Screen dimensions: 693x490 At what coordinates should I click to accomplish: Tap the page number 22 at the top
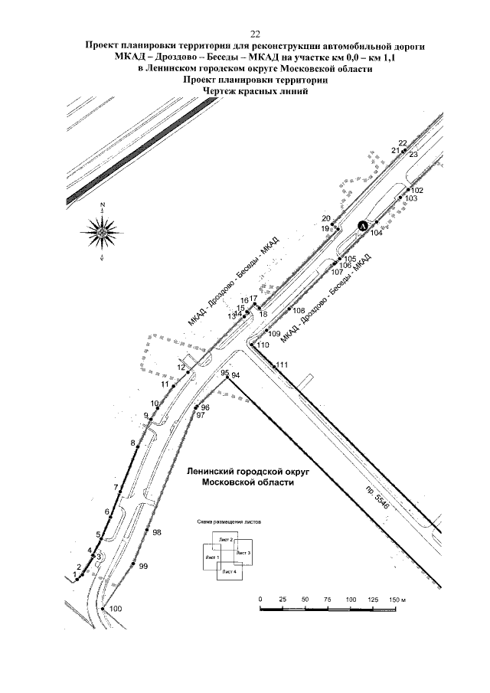coord(256,33)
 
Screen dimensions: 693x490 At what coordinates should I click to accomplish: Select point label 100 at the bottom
coord(116,609)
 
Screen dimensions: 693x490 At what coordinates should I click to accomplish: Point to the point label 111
coord(283,364)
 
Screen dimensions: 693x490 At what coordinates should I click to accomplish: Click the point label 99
coord(143,566)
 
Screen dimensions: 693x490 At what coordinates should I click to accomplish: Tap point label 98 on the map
coord(157,531)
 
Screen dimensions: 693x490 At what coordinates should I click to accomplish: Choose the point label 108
coord(299,311)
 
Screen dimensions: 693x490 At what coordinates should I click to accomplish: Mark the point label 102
coord(417,190)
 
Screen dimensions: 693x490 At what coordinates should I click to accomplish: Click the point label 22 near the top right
coord(403,143)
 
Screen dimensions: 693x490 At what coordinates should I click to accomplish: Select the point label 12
coord(181,368)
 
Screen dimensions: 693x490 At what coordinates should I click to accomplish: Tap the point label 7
coord(116,487)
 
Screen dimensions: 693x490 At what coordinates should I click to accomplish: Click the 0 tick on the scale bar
coord(260,598)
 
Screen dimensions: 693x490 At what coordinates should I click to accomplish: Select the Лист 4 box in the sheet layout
coord(229,571)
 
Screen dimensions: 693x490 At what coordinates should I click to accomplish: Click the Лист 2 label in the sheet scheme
coord(226,541)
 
